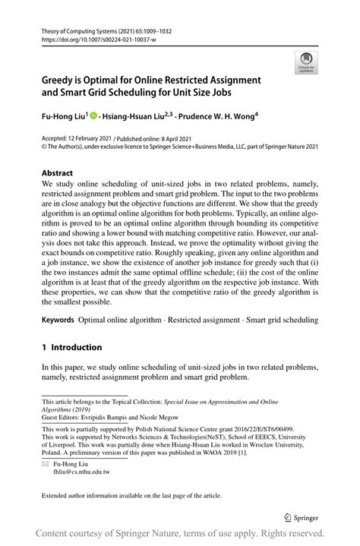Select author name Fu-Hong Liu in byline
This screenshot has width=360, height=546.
[63, 116]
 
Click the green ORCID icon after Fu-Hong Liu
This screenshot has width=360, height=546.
[93, 116]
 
